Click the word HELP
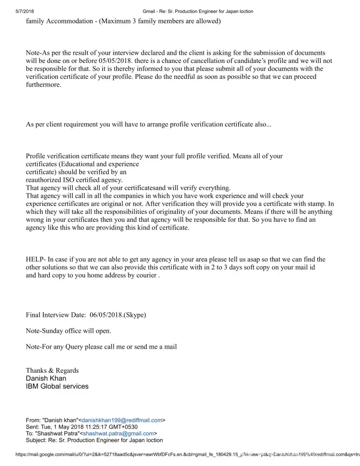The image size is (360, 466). pyautogui.click(x=35, y=260)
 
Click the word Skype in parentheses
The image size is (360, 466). pyautogui.click(x=135, y=315)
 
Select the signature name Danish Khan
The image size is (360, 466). pyautogui.click(x=46, y=378)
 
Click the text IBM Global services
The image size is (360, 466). pyautogui.click(x=57, y=386)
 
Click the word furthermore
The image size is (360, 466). pyautogui.click(x=43, y=85)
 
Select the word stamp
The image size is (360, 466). pyautogui.click(x=317, y=204)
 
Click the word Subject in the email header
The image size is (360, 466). pyautogui.click(x=36, y=440)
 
